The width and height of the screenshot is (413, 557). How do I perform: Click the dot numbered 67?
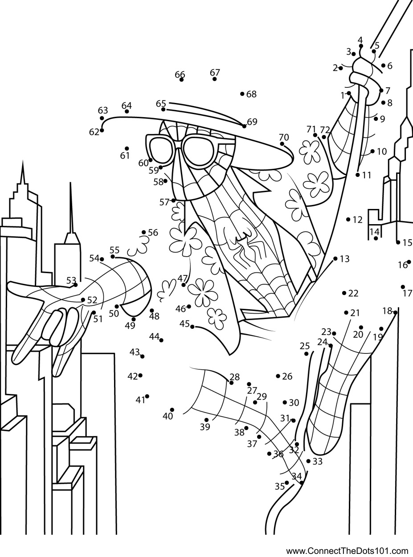[214, 79]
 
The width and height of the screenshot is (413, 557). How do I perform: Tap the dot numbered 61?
[127, 148]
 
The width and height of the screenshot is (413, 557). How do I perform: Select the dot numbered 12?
[348, 220]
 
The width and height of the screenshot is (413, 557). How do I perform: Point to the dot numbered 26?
[278, 376]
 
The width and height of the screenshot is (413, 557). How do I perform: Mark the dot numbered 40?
[172, 410]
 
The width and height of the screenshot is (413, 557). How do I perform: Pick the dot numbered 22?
[344, 293]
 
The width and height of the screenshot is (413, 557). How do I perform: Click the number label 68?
[251, 94]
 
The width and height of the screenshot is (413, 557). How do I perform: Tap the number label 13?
[344, 259]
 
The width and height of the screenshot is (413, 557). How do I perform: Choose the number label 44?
[154, 336]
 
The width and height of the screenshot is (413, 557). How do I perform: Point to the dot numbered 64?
[127, 111]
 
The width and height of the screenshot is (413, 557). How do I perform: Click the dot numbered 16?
[409, 262]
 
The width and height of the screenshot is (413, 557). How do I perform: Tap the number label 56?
[153, 233]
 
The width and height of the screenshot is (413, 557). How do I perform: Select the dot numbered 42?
[140, 376]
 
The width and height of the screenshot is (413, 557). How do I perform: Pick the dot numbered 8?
[383, 102]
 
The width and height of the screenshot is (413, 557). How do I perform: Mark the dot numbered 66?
[181, 80]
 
